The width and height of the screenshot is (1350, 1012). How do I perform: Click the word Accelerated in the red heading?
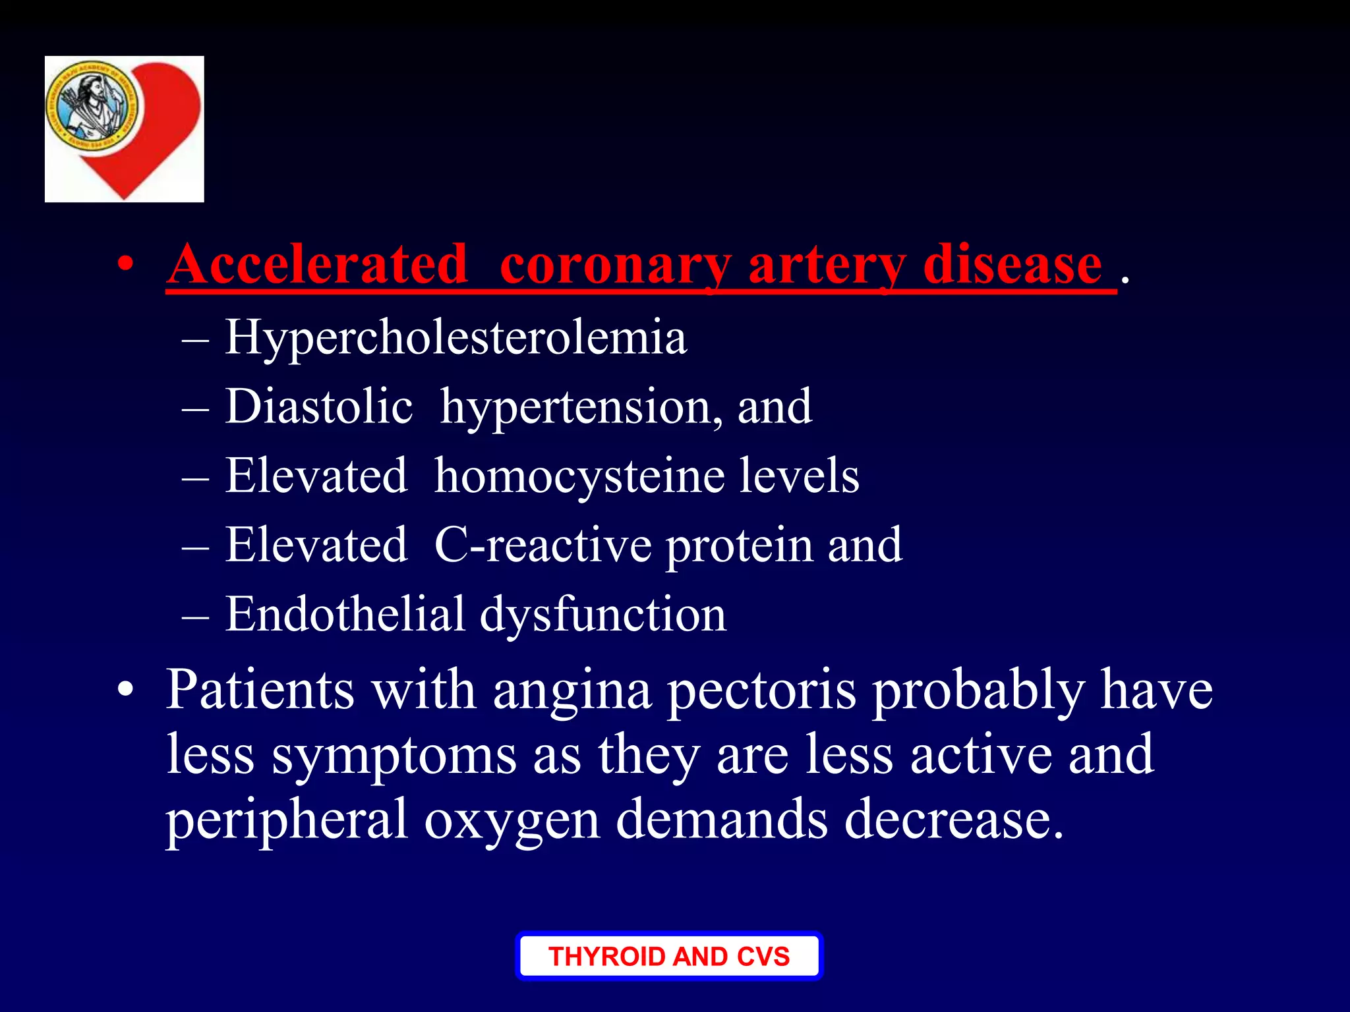pos(317,264)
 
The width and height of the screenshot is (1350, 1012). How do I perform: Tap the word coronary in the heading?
pos(616,266)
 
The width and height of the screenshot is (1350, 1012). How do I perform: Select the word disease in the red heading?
pos(1012,264)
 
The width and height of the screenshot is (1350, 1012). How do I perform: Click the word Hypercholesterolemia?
pos(455,338)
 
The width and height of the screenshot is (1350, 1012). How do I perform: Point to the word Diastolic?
pos(319,406)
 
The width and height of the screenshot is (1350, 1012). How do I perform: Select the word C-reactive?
pos(543,546)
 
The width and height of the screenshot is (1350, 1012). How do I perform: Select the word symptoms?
pos(394,756)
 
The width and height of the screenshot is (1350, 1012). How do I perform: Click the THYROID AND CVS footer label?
pos(669,956)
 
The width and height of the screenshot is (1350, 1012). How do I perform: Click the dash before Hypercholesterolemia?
pos(195,341)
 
